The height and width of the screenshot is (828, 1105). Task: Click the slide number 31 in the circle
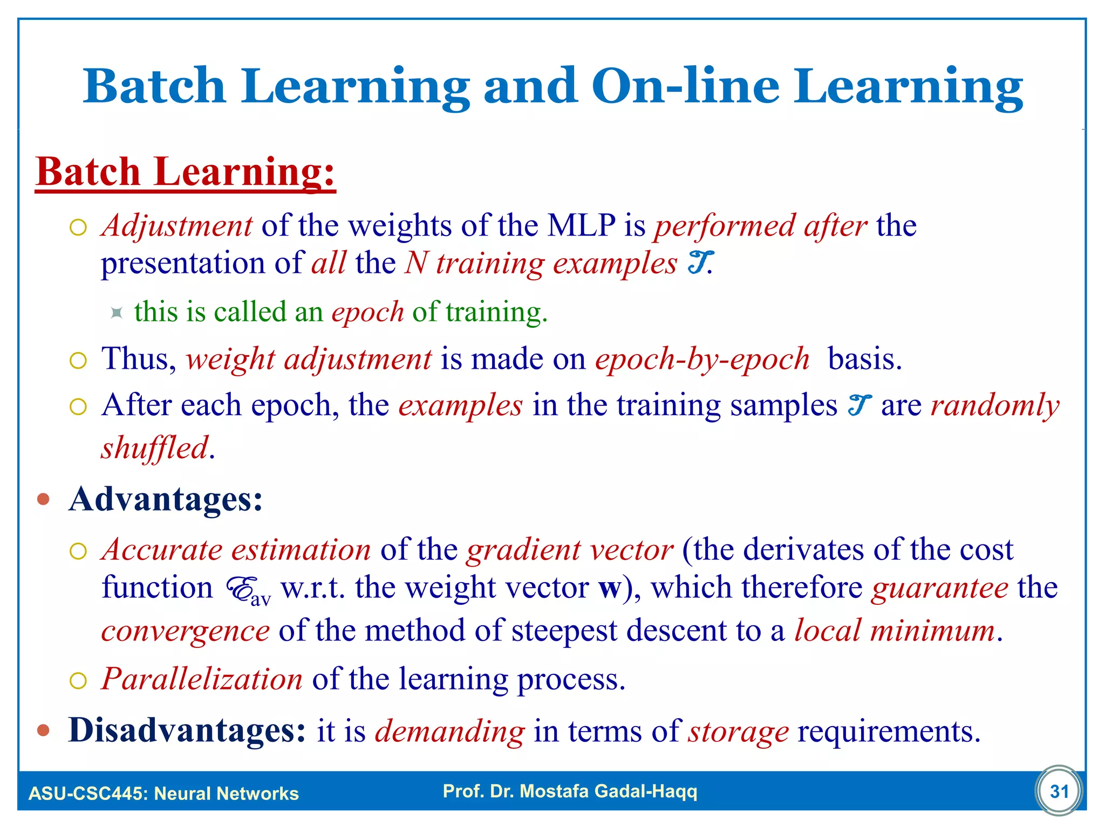pos(1059,791)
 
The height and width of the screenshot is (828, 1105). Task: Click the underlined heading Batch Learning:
pos(186,171)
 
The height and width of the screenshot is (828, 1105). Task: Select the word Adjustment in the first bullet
pos(177,225)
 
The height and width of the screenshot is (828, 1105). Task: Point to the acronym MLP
pos(581,225)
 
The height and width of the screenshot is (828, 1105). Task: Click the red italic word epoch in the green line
pos(367,312)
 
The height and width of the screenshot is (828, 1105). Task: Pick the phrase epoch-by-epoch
pos(702,359)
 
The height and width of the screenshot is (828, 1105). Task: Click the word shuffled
pos(154,448)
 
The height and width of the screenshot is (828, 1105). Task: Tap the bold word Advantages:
pos(166,499)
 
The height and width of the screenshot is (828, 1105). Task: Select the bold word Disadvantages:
pos(187,730)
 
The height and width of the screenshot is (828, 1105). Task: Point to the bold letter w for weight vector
pos(610,588)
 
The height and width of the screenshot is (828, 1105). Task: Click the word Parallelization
pos(202,679)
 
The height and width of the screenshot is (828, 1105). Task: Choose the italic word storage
pos(738,732)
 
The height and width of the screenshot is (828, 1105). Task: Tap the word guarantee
pos(939,588)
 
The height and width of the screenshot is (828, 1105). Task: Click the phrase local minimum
pos(894,631)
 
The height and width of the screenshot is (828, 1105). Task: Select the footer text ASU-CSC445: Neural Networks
pos(163,793)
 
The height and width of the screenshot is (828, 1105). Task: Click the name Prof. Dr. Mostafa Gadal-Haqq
pos(570,791)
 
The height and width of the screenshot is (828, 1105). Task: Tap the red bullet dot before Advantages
pos(44,499)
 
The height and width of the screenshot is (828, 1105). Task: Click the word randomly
pos(995,405)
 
